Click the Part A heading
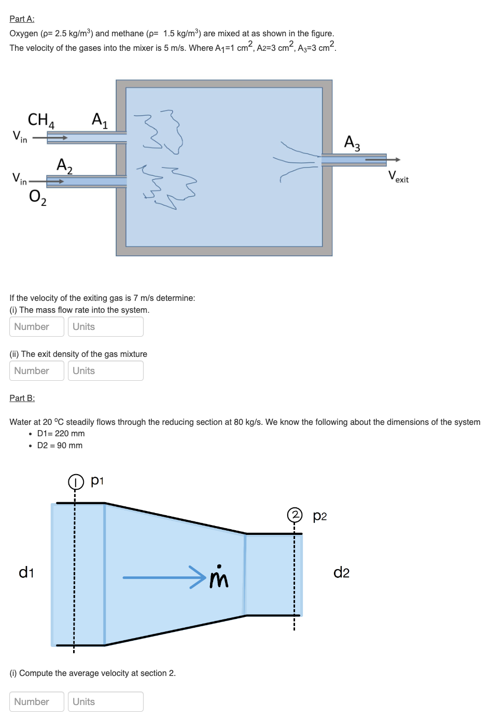22,19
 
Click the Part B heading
22,398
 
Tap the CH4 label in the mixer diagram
41,120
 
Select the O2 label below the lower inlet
37,197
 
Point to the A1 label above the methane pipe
100,120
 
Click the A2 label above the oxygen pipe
64,165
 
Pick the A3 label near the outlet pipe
352,143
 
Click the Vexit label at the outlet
398,176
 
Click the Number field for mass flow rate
37,326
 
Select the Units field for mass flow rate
105,326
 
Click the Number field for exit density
37,370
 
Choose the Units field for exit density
105,370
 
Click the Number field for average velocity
37,701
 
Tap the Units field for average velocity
105,701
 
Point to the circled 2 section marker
295,515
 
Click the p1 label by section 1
97,480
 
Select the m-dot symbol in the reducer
219,577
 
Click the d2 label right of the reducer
341,572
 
